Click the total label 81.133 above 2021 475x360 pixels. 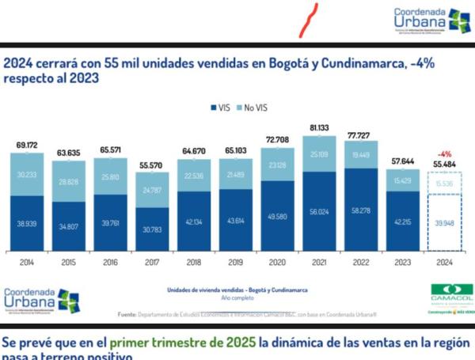321,127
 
